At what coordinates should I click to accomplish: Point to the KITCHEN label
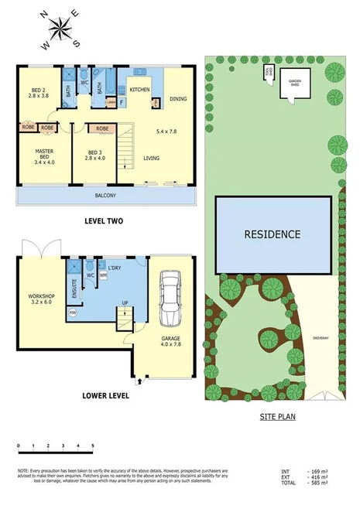(139, 91)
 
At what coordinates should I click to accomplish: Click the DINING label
(178, 98)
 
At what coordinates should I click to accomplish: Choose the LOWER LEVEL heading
(105, 395)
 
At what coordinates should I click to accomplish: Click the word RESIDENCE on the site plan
(273, 234)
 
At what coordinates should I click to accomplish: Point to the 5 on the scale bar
(92, 446)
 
